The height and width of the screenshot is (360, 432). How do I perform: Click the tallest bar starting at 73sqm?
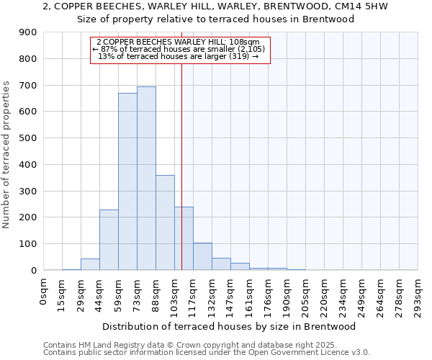(146, 179)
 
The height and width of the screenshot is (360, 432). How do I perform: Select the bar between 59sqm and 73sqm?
(127, 181)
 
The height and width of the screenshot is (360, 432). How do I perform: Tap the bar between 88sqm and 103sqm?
(165, 222)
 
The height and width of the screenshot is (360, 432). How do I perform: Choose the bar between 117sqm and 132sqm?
(202, 256)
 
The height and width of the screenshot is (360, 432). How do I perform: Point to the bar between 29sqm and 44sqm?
(90, 264)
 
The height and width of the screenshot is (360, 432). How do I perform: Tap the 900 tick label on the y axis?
(28, 32)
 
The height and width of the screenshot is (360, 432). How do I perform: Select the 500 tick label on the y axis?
(28, 138)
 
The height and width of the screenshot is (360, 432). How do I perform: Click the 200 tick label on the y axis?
(28, 217)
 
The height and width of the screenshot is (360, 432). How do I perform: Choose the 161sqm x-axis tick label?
(249, 294)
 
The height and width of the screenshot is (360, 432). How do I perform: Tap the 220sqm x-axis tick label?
(324, 294)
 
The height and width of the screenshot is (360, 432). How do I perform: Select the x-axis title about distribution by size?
(235, 326)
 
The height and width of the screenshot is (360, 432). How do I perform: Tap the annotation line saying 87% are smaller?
(179, 49)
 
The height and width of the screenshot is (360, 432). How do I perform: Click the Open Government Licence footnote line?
(207, 353)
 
